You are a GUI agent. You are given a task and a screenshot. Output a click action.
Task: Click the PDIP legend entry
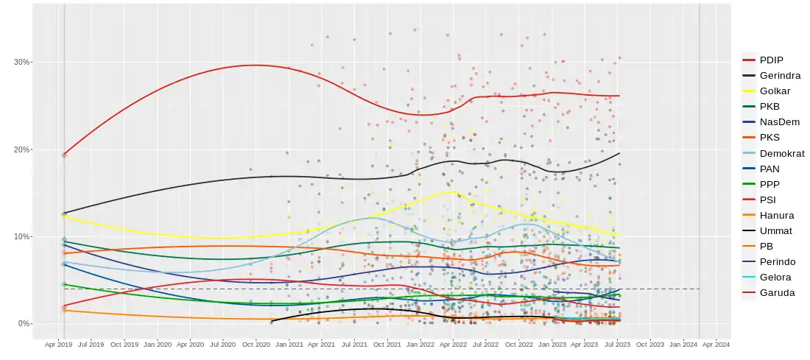pos(771,60)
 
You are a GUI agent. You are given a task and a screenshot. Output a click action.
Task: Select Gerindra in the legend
pos(780,75)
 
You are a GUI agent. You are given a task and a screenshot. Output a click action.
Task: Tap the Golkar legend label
pos(775,91)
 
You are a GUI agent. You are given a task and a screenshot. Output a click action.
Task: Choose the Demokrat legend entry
pos(782,153)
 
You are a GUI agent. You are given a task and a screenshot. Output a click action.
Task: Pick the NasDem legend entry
pos(779,122)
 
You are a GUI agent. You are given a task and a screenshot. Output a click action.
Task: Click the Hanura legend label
pos(777,215)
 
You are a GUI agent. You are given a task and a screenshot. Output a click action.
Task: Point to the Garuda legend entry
pos(777,292)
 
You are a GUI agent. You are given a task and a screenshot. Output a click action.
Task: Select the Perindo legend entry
pos(778,261)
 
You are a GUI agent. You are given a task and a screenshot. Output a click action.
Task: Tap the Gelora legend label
pos(775,277)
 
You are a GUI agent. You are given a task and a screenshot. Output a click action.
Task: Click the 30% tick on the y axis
pos(21,62)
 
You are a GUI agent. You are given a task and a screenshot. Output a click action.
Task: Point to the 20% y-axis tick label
pos(21,149)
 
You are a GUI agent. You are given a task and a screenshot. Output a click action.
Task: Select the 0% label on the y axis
pos(24,323)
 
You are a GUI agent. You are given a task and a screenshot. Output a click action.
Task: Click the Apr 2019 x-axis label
pos(59,344)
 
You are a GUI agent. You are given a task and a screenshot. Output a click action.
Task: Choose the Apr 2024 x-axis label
pos(716,344)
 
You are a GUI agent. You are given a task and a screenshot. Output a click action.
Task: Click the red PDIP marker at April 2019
pos(64,155)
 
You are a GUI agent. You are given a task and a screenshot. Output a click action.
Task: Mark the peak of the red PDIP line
pos(254,65)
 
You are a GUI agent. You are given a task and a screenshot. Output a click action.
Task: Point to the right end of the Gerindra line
pos(619,153)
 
